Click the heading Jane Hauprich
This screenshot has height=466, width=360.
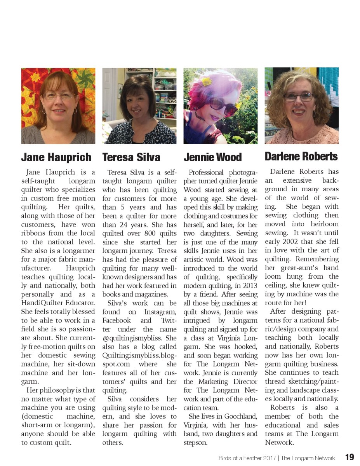coord(56,157)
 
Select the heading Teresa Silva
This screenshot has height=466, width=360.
coord(131,157)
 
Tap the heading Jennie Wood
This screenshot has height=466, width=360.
coord(212,157)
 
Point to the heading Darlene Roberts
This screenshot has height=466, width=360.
coord(301,156)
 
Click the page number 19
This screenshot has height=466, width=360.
coord(349,457)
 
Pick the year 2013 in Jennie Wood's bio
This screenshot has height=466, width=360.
coord(250,286)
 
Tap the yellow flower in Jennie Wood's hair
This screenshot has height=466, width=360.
coord(206,81)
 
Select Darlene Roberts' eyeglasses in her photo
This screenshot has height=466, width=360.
coord(298,97)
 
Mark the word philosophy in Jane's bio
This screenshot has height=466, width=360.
coord(54,390)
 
